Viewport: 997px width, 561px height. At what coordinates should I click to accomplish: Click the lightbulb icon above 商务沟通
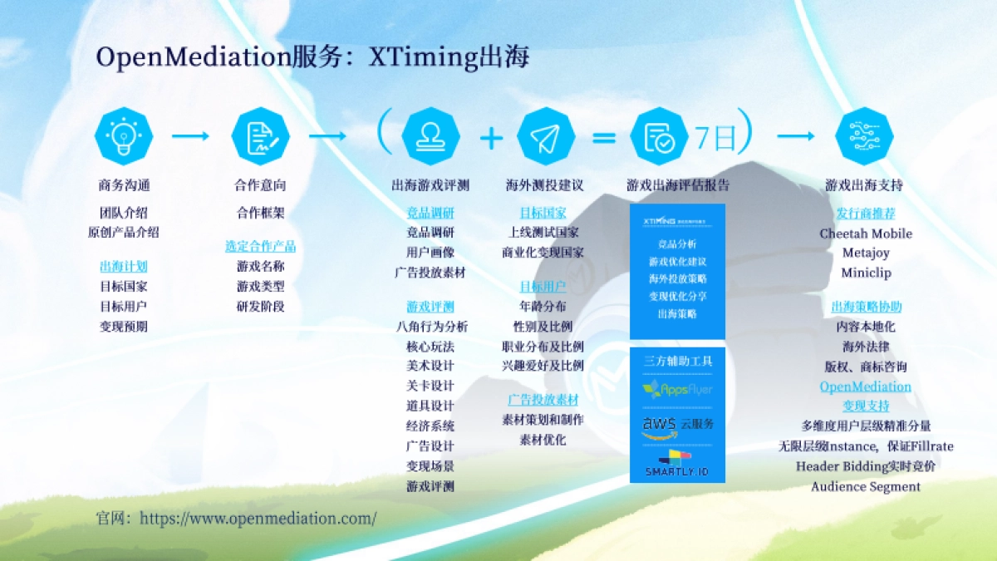pos(124,135)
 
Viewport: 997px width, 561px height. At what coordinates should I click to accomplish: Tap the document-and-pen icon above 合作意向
pos(260,135)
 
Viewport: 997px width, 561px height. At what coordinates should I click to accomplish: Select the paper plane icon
pos(546,135)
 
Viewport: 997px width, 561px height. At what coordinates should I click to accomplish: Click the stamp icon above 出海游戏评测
pos(430,135)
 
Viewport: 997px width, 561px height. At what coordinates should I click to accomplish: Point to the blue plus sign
pos(492,137)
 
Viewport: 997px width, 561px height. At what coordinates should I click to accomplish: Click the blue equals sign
pos(604,137)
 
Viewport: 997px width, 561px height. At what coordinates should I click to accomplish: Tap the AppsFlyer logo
pos(677,389)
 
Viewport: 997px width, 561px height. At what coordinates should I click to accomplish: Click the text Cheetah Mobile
pos(866,234)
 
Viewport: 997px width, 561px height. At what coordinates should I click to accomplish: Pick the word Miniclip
pos(866,273)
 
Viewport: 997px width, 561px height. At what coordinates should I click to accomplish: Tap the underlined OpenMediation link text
pos(866,386)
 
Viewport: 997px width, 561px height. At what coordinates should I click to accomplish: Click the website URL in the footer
pos(258,519)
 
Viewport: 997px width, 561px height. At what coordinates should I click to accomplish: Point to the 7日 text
pos(715,137)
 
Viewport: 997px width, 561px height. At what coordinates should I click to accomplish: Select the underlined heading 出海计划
pos(124,267)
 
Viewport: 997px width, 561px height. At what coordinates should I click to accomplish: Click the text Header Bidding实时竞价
pos(866,466)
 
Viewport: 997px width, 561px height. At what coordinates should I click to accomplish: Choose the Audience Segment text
pos(866,487)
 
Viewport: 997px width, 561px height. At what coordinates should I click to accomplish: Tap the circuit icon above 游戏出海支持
pos(864,135)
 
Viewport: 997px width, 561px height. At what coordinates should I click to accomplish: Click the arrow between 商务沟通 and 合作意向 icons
pos(191,135)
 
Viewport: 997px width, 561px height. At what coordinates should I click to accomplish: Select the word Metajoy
pos(866,253)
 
